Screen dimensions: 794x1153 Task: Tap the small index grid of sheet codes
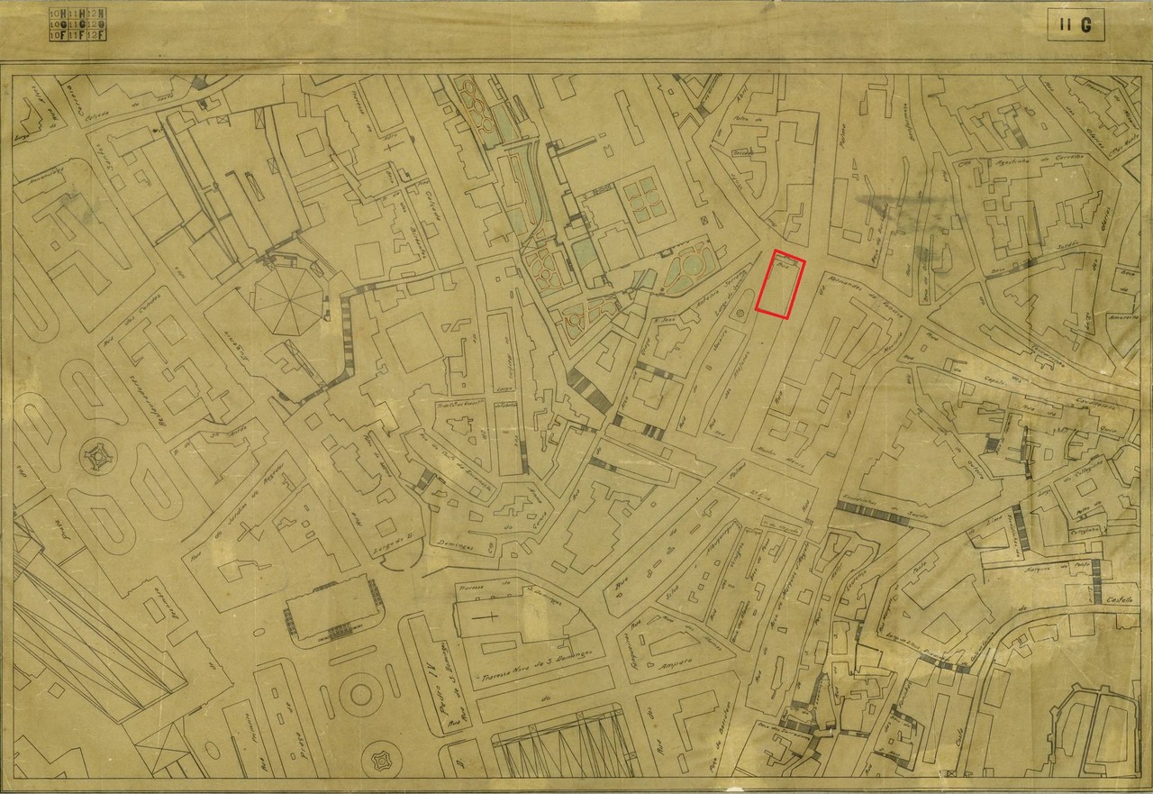click(x=78, y=24)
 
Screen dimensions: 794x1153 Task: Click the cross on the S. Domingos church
click(x=491, y=621)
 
